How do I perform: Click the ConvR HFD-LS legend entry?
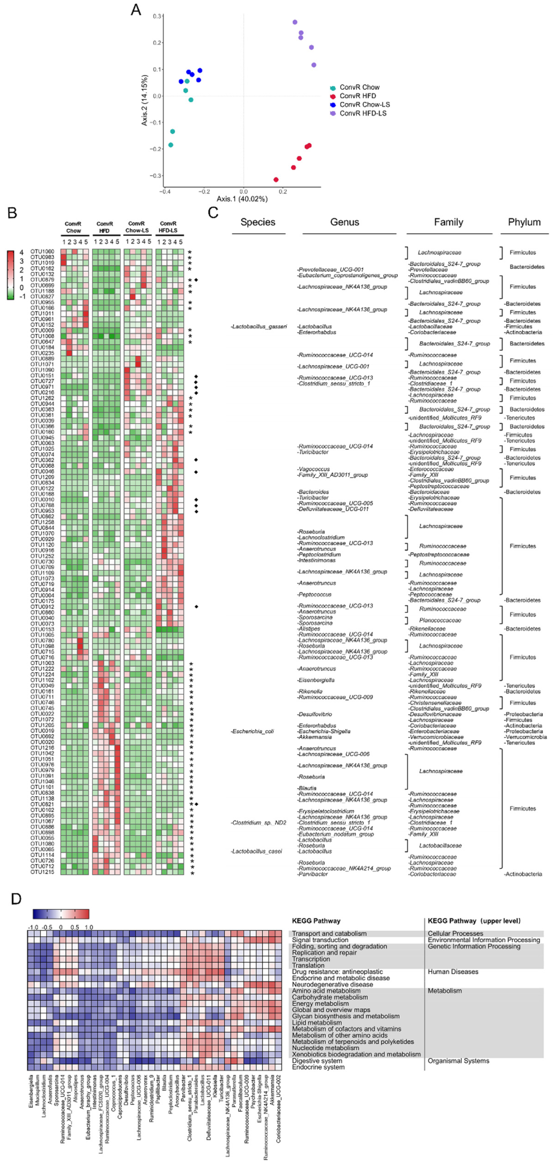pos(363,113)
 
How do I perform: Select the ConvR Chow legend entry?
pos(359,87)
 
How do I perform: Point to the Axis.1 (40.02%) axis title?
pos(242,199)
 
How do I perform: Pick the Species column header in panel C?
pos(258,222)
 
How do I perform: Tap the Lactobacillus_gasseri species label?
pos(259,327)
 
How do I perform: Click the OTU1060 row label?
pos(42,251)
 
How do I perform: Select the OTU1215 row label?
pos(42,872)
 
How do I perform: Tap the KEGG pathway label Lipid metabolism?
pos(317,1022)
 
